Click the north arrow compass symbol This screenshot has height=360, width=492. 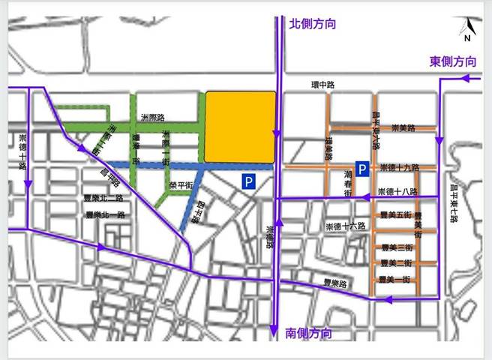click(466, 30)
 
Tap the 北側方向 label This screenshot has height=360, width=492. click(312, 25)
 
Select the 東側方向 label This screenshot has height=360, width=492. click(453, 61)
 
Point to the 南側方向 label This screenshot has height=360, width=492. click(309, 332)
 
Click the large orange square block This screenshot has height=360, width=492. click(240, 127)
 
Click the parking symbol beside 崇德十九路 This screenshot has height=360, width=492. click(361, 169)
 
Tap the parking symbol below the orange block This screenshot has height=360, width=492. click(248, 181)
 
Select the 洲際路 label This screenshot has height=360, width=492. click(152, 118)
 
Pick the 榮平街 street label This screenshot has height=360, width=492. click(181, 184)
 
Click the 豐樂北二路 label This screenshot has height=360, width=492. click(104, 198)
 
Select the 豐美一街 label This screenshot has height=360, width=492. click(395, 279)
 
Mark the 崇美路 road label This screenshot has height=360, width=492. click(403, 128)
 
